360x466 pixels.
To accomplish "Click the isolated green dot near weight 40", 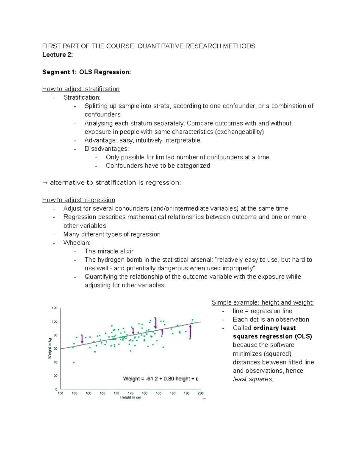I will pyautogui.click(x=74, y=362).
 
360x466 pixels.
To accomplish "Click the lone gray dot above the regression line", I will pyautogui.click(x=112, y=326).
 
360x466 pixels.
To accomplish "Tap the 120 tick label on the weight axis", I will pyautogui.click(x=55, y=308).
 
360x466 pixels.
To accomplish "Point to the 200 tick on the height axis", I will pyautogui.click(x=200, y=393).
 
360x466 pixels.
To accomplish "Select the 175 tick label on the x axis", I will pyautogui.click(x=130, y=393).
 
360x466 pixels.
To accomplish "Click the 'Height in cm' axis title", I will pyautogui.click(x=130, y=398).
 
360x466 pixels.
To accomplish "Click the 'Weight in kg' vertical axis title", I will pyautogui.click(x=50, y=348).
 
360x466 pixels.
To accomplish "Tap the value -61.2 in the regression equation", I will pyautogui.click(x=152, y=379).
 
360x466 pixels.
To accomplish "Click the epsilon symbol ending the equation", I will pyautogui.click(x=197, y=379).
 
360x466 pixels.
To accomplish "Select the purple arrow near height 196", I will pyautogui.click(x=190, y=331).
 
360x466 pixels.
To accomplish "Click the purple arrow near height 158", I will pyautogui.click(x=82, y=339).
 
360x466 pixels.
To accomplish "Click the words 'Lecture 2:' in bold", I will pyautogui.click(x=58, y=55).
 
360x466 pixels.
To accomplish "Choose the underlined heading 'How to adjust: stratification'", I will pyautogui.click(x=81, y=89).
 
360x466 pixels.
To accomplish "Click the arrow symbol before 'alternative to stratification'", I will pyautogui.click(x=45, y=183).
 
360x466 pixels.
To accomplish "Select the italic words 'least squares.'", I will pyautogui.click(x=253, y=379).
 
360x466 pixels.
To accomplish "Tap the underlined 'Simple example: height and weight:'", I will pyautogui.click(x=262, y=302).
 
